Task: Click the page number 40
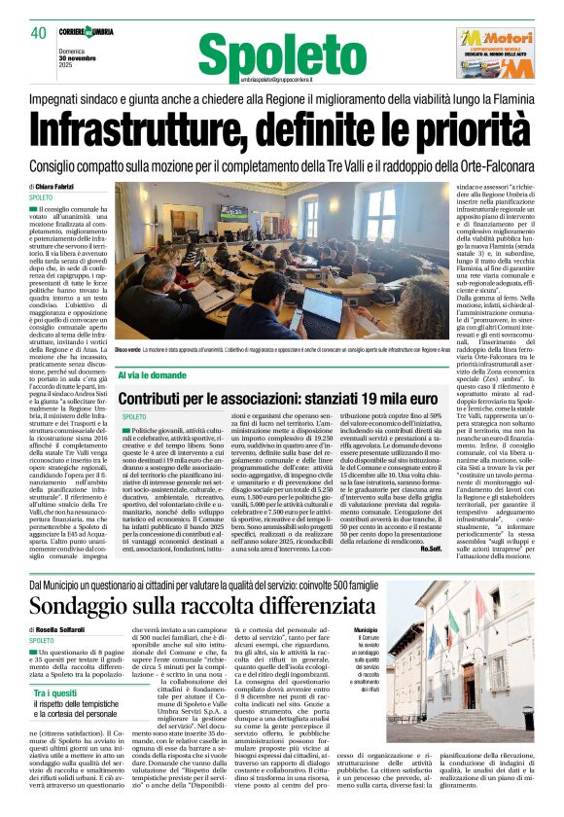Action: pos(38,32)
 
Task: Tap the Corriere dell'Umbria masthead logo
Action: pos(85,31)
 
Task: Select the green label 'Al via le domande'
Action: pos(154,373)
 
